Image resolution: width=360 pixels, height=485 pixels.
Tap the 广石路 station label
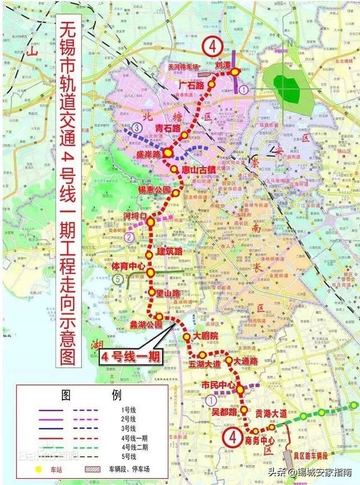tap(191, 86)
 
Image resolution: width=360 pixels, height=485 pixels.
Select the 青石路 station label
tap(168, 128)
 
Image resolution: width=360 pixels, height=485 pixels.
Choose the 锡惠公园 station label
tap(154, 190)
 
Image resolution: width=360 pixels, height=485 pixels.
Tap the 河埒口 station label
tap(135, 215)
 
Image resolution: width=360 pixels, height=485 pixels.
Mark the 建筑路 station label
tap(169, 251)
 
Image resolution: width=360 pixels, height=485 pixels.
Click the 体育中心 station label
tap(129, 265)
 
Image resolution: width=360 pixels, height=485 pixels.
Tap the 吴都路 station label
tap(224, 411)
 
